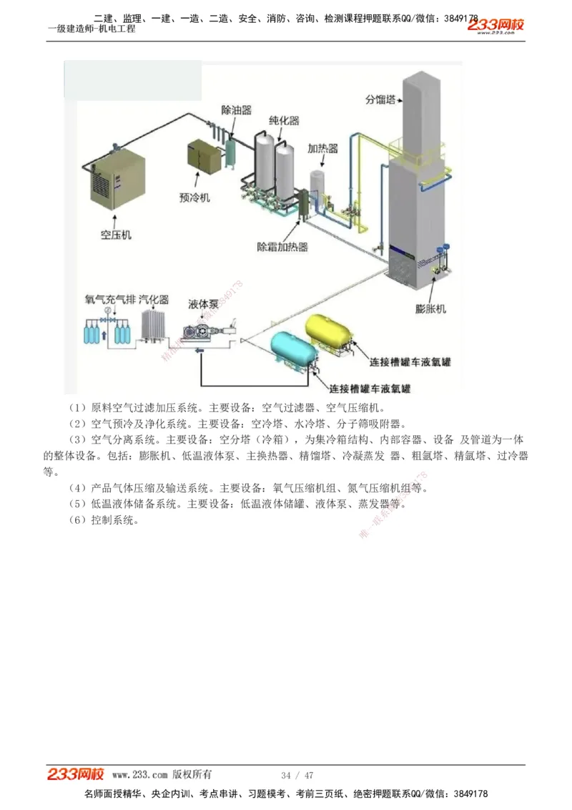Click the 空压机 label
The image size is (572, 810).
(x=116, y=234)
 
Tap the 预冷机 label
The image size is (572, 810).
(x=194, y=197)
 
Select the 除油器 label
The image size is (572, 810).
(x=236, y=110)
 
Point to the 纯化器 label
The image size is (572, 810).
(x=284, y=121)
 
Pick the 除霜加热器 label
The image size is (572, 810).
(x=282, y=247)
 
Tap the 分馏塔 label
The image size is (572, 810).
(x=380, y=99)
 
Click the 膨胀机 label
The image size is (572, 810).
(x=430, y=309)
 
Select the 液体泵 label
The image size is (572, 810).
(x=203, y=303)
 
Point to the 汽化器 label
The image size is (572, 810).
(x=154, y=299)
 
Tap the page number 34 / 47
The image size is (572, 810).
(x=297, y=776)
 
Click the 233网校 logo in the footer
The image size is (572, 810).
(x=76, y=774)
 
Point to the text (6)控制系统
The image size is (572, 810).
(x=104, y=520)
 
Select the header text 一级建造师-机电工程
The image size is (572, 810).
(x=92, y=29)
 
